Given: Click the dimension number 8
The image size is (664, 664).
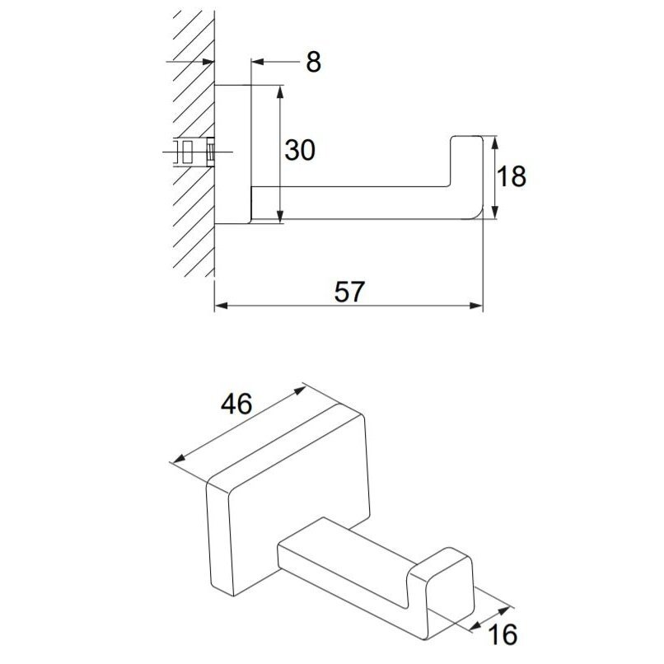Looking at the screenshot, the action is [x=313, y=63].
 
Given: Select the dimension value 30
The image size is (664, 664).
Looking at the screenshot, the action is [x=300, y=150].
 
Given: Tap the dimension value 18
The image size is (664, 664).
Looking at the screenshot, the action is [x=511, y=176].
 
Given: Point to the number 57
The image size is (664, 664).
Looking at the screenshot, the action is [x=349, y=292].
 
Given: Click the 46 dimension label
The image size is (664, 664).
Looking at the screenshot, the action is [x=236, y=404].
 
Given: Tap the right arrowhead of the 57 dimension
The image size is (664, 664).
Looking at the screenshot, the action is [x=476, y=306].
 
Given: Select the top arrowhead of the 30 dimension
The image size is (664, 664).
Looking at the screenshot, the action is [x=279, y=92].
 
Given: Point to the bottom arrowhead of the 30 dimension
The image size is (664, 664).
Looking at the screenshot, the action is [x=279, y=216].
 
